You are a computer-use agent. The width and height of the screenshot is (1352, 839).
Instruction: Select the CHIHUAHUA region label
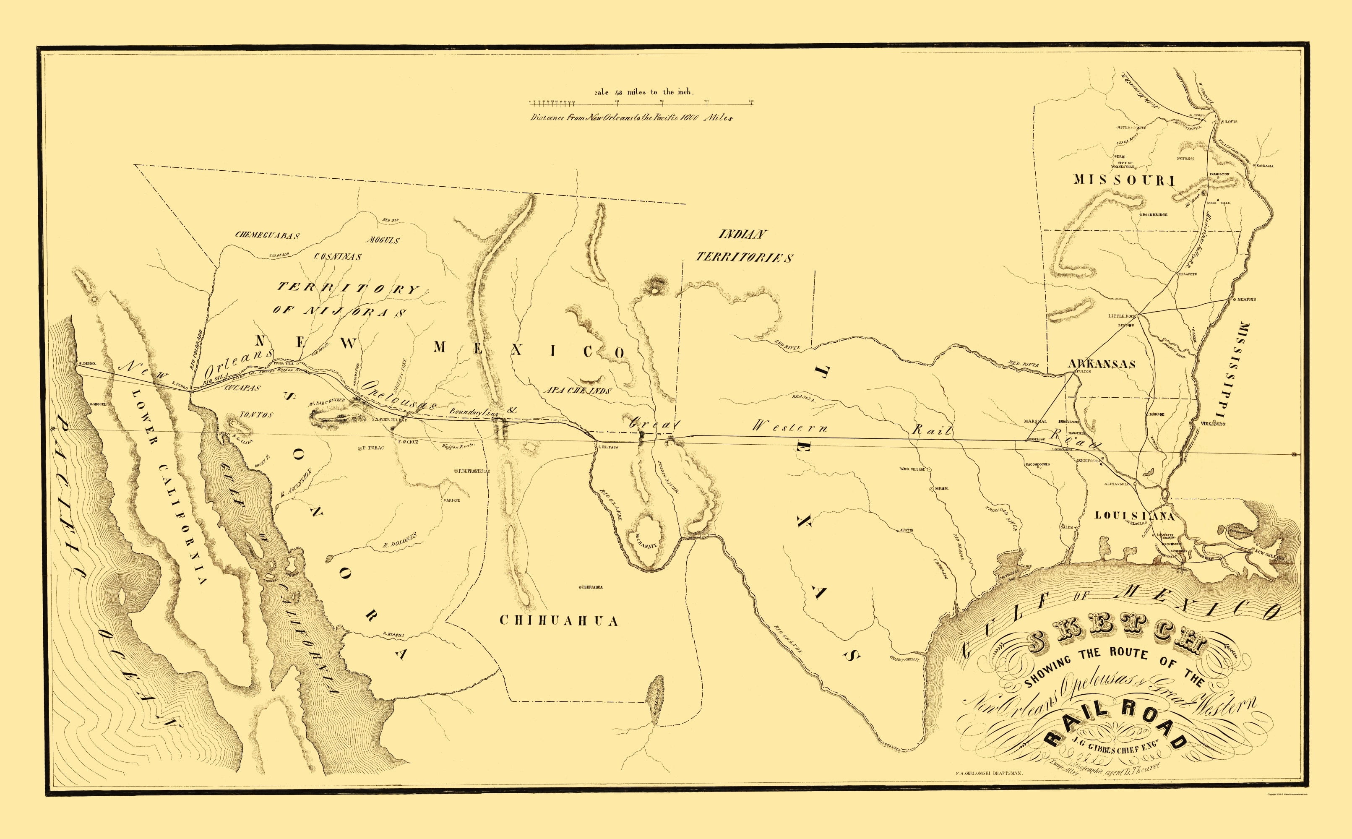[559, 620]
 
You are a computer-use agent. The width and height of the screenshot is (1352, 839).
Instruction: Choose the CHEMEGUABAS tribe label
[267, 235]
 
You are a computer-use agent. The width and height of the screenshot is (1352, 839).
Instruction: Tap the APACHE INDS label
[577, 391]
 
